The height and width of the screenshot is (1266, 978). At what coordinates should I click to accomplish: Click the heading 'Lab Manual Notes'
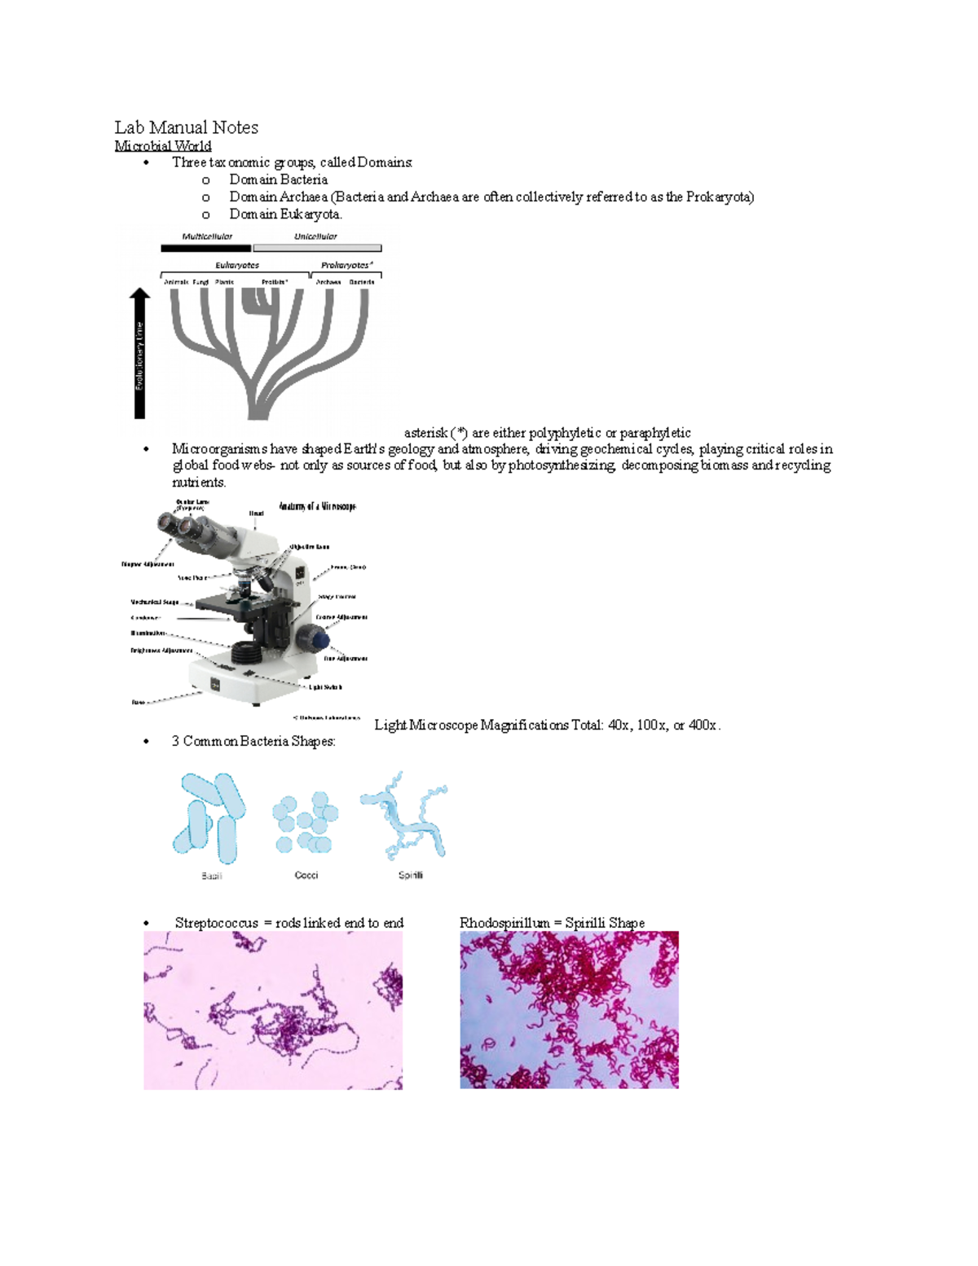tap(186, 127)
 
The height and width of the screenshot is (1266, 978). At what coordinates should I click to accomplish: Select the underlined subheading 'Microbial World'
tap(162, 146)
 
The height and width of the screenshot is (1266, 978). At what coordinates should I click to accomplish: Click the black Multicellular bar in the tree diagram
tap(205, 248)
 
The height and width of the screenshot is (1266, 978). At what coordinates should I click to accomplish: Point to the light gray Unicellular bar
tap(317, 248)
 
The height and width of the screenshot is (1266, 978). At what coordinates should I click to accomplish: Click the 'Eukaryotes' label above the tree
tap(237, 265)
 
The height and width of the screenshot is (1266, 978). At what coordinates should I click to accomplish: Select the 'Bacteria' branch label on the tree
tap(362, 282)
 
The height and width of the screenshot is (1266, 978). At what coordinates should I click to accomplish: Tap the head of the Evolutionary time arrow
tap(140, 296)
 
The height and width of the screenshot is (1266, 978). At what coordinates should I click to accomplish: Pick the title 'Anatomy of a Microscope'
tap(317, 506)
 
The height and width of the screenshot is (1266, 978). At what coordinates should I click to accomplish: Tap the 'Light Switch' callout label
tap(325, 687)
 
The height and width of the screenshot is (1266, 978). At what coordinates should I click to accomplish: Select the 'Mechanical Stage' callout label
tap(154, 602)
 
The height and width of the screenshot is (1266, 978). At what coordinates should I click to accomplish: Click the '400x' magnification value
tap(703, 725)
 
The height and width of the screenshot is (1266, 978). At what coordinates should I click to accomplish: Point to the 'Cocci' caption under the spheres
tap(306, 875)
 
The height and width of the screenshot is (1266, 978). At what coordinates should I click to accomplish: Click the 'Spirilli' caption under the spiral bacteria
tap(410, 875)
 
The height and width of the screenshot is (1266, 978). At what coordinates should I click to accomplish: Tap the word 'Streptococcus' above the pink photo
tap(216, 923)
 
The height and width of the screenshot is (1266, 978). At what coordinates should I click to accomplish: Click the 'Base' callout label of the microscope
tap(139, 702)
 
